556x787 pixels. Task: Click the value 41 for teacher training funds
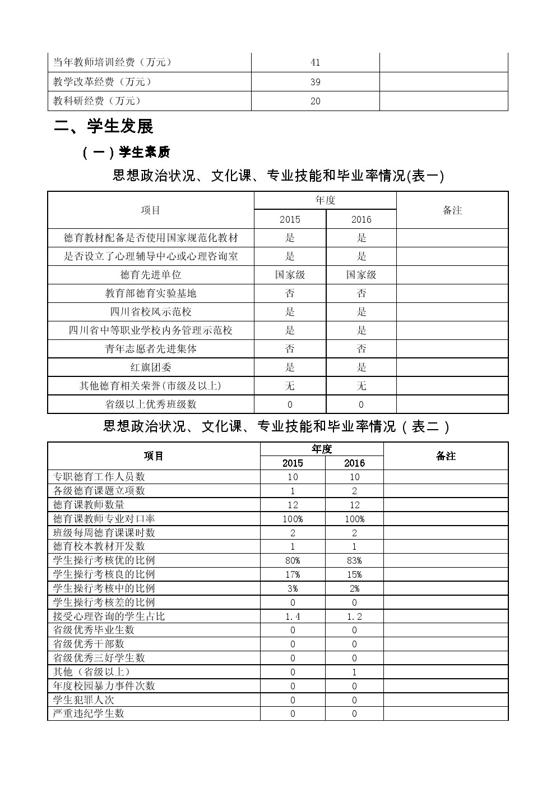click(x=315, y=62)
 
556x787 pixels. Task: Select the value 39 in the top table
click(x=315, y=82)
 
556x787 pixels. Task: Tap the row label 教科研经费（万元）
click(x=97, y=101)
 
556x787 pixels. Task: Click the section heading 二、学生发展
click(x=104, y=127)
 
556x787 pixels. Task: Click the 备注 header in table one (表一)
click(x=452, y=210)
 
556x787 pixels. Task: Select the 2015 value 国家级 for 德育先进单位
click(x=290, y=275)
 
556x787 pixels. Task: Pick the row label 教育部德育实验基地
click(x=151, y=293)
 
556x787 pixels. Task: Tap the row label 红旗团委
click(x=151, y=367)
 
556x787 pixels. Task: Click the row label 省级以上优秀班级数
click(x=151, y=404)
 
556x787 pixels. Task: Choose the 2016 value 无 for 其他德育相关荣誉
click(x=362, y=386)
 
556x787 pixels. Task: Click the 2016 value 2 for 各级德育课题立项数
click(x=354, y=491)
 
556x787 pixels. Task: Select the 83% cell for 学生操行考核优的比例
click(x=354, y=560)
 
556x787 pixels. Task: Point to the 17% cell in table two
click(x=293, y=574)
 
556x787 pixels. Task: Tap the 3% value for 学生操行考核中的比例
click(x=293, y=588)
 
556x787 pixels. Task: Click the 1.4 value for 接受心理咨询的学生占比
click(x=293, y=616)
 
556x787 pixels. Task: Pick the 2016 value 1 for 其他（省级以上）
click(x=354, y=672)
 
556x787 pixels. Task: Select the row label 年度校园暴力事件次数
click(x=104, y=686)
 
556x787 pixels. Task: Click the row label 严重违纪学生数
click(x=89, y=714)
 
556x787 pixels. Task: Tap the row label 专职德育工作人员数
click(x=99, y=477)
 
